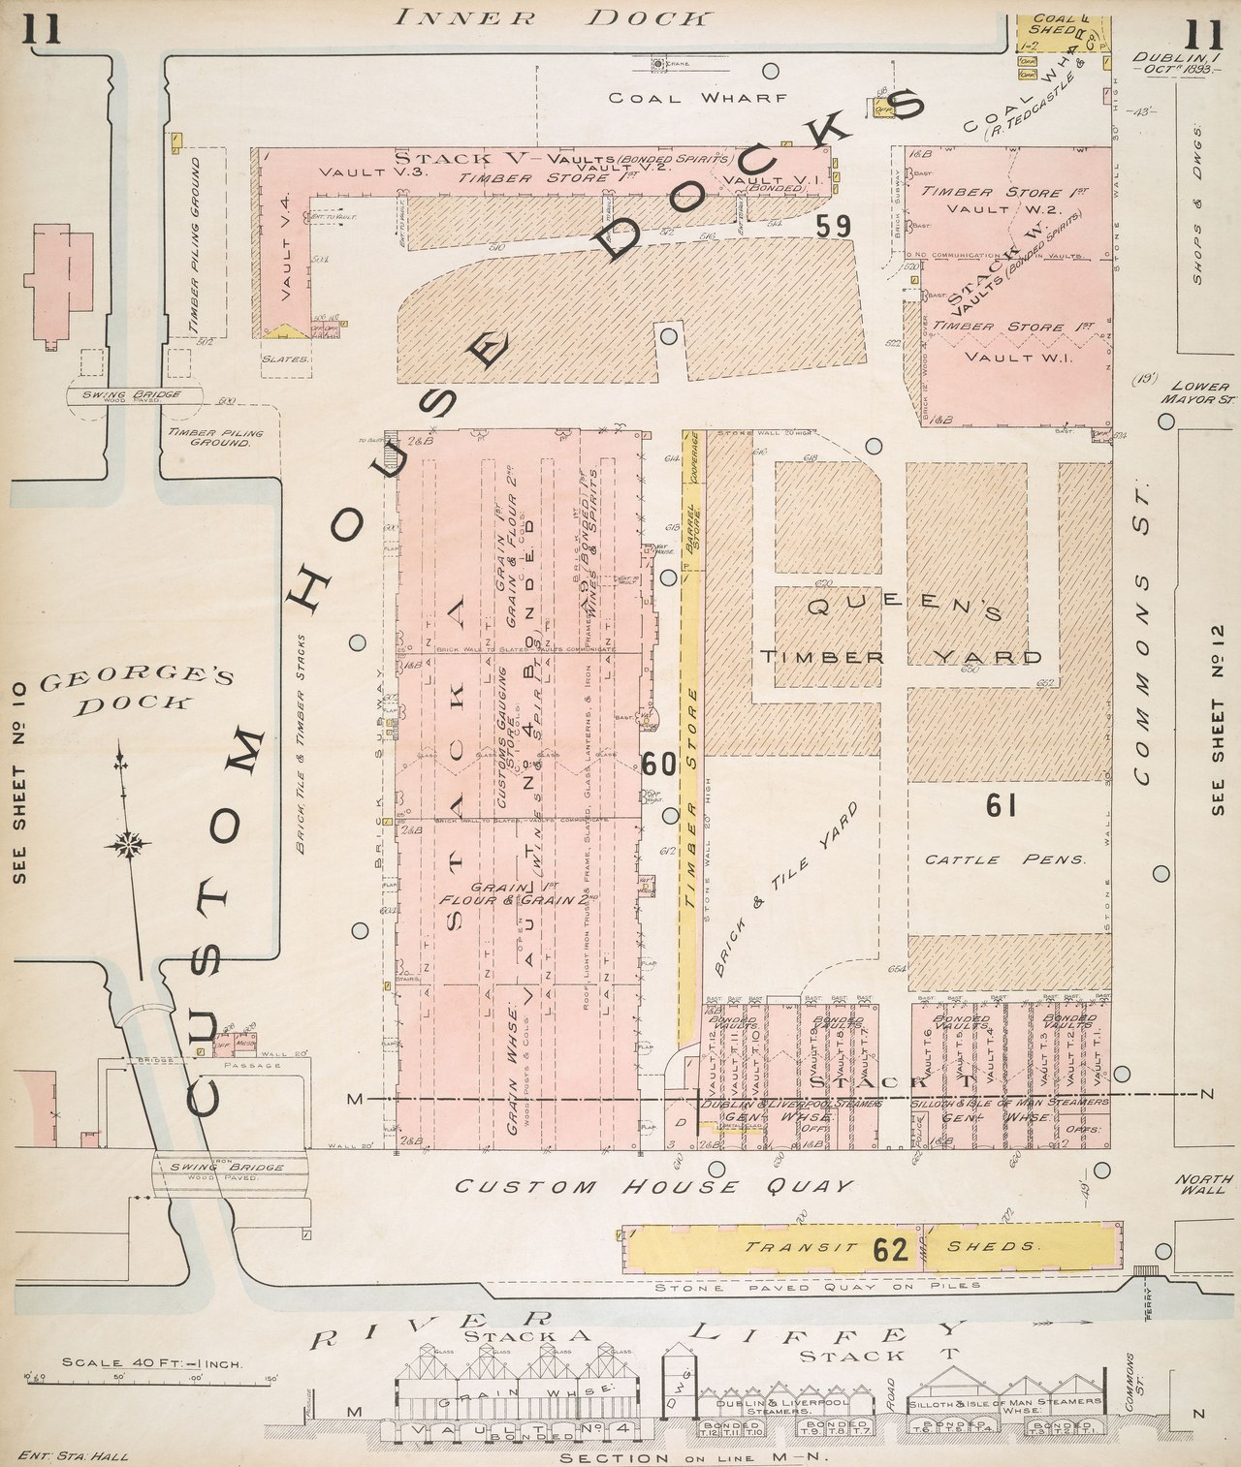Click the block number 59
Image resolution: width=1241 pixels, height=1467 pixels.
click(833, 227)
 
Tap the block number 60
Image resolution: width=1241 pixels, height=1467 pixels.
click(658, 765)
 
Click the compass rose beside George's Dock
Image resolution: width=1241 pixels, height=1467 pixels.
click(127, 844)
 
